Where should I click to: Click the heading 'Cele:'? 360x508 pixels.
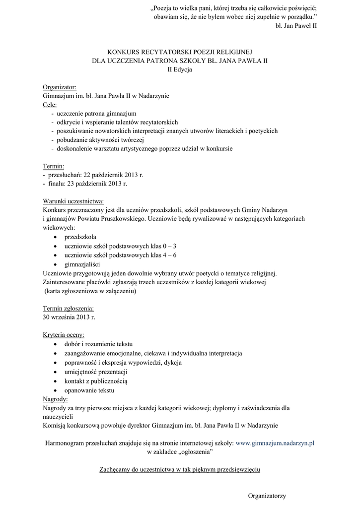click(50, 105)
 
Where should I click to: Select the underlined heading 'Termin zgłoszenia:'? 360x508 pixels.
click(69, 308)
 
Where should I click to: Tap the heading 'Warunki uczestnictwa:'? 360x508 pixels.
click(73, 200)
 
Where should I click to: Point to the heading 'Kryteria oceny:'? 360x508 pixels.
click(64, 334)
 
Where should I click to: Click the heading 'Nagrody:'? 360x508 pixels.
click(56, 399)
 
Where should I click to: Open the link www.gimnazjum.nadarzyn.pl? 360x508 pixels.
click(276, 444)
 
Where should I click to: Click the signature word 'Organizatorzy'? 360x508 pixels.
click(267, 495)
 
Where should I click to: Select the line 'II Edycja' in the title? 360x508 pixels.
click(180, 69)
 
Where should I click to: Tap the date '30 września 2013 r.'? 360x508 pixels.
click(69, 317)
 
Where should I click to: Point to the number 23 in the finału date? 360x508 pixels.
click(71, 183)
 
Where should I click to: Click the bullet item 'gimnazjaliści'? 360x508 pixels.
click(82, 264)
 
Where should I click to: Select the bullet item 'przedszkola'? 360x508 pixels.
click(80, 237)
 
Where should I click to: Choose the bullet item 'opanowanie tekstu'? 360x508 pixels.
click(89, 390)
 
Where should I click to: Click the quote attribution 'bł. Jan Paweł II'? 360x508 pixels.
click(295, 25)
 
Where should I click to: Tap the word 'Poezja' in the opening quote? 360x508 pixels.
click(165, 7)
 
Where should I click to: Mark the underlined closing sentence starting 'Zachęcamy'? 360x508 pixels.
click(180, 468)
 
